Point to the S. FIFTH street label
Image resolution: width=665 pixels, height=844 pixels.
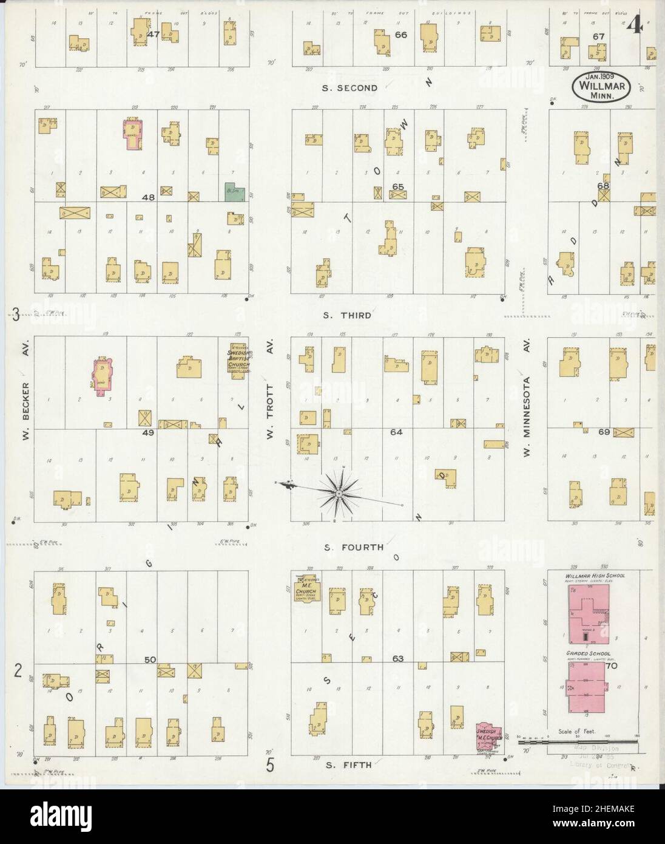pyautogui.click(x=348, y=764)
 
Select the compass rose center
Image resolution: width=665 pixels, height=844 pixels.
pyautogui.click(x=338, y=495)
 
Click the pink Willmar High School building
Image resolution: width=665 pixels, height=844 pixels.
pyautogui.click(x=588, y=615)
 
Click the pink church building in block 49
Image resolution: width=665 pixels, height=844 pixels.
pyautogui.click(x=102, y=376)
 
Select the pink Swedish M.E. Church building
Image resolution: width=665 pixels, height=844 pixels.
pyautogui.click(x=488, y=737)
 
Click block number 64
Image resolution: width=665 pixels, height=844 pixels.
pyautogui.click(x=396, y=432)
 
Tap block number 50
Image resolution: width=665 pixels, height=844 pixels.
pyautogui.click(x=150, y=659)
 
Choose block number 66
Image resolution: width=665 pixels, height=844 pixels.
pyautogui.click(x=400, y=35)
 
